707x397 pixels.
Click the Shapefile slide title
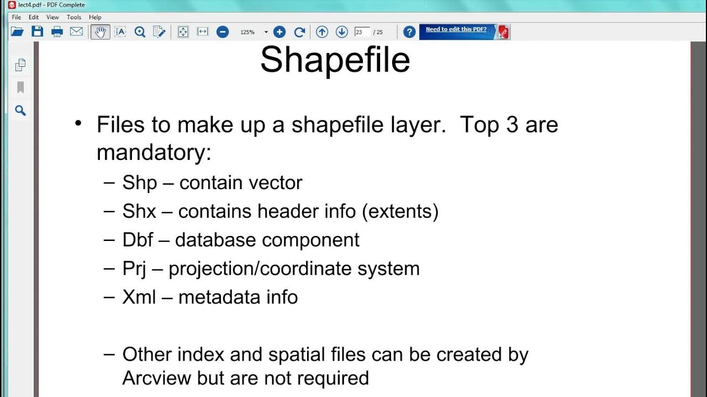point(335,60)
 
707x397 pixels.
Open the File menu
point(17,17)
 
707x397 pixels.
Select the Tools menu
point(74,17)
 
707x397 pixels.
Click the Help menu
point(95,17)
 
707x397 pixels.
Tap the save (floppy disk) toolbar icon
point(37,31)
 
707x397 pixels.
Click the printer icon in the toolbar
point(57,31)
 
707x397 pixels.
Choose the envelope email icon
point(76,31)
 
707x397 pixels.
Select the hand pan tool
point(100,31)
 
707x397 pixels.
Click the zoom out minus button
point(223,32)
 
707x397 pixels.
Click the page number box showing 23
point(361,32)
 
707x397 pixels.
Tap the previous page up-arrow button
point(322,32)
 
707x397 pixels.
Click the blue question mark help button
point(409,32)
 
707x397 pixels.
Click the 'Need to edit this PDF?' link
point(456,29)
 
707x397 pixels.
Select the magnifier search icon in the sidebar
point(20,111)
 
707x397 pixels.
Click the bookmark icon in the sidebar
point(20,88)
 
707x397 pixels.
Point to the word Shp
point(140,183)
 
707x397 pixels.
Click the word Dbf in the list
point(138,240)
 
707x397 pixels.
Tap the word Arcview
point(157,378)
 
